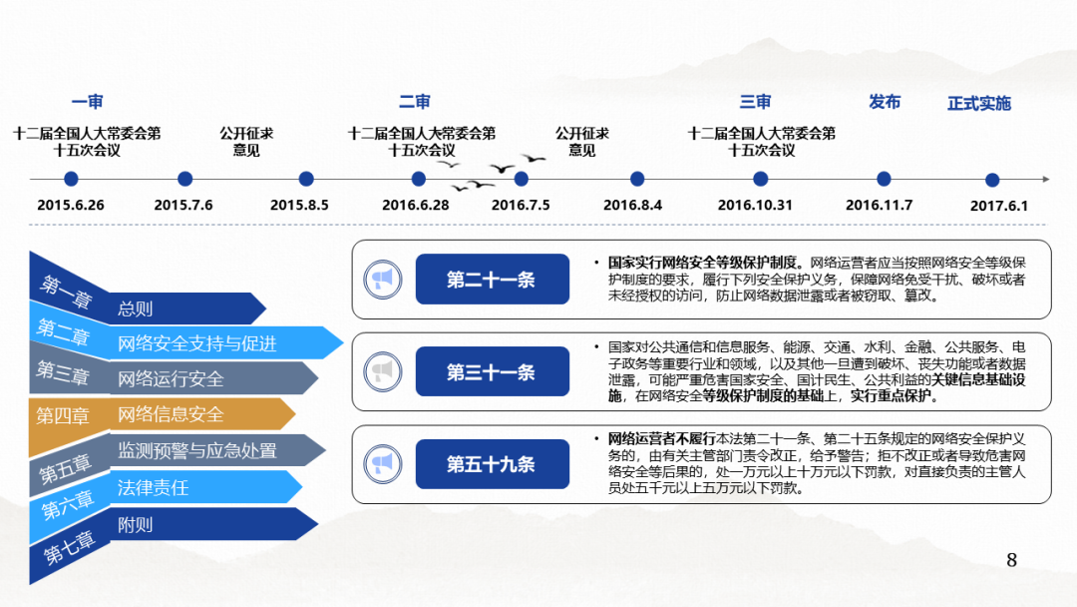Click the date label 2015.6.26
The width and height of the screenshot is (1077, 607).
[71, 206]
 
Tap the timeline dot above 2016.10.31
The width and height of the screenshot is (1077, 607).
[761, 180]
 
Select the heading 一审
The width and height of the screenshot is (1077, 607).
[88, 102]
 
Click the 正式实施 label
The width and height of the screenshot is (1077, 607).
[978, 103]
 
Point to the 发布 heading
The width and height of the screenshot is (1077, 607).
[885, 102]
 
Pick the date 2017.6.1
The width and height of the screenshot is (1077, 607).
[998, 206]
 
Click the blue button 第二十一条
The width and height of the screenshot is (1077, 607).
[492, 280]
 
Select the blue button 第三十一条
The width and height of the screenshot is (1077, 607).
[492, 372]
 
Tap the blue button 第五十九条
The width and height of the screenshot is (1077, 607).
[492, 464]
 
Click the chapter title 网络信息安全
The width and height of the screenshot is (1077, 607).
[171, 414]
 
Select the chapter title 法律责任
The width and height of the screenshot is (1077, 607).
[153, 488]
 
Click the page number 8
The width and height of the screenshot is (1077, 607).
[1012, 560]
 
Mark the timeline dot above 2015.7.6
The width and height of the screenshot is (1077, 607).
[184, 180]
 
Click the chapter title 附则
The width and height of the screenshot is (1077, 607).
[136, 524]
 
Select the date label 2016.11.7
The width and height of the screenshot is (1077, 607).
[879, 206]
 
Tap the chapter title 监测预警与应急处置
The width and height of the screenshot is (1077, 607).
[197, 450]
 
